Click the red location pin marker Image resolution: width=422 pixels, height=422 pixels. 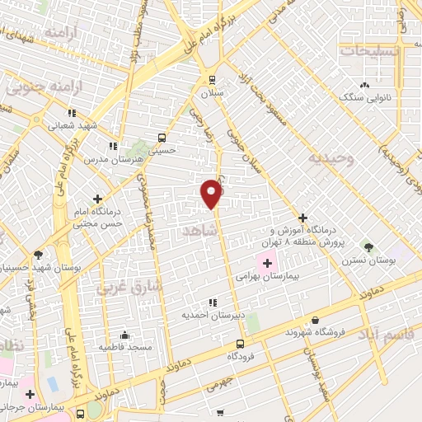coord(212,193)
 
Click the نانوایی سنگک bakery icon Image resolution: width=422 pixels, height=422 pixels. coord(363,85)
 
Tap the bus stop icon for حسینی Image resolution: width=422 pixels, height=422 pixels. coord(162,138)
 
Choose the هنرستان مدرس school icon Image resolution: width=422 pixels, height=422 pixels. coord(122,146)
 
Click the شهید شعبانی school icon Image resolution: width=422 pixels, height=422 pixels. coord(72,113)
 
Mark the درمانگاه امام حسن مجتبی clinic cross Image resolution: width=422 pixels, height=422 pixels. coord(98,199)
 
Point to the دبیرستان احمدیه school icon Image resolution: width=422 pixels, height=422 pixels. coord(213,302)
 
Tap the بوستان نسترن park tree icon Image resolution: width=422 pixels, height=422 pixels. coord(368,246)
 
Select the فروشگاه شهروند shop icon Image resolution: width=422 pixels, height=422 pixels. coord(316,321)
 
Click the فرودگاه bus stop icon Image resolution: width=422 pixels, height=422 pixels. coord(240,344)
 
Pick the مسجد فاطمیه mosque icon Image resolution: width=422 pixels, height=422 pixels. coord(124,335)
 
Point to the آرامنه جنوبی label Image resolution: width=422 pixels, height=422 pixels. coord(37,86)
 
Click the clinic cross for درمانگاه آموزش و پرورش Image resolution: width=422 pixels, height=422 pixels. coord(302,217)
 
